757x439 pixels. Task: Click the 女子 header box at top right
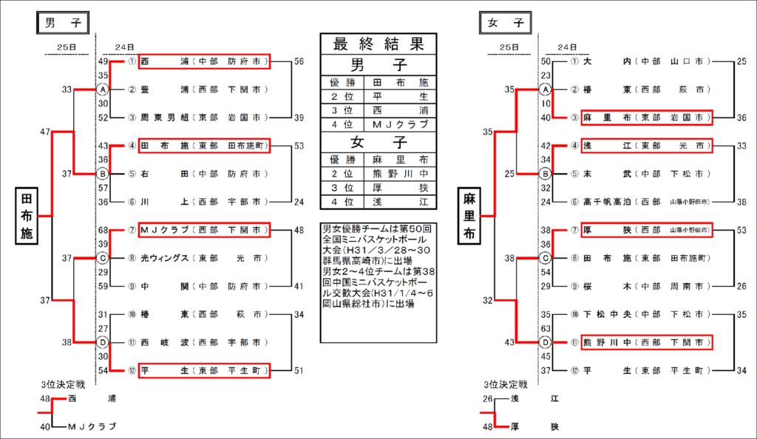coord(506,23)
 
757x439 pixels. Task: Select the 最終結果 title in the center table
coord(379,43)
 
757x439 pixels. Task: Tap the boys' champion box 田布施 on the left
coord(27,215)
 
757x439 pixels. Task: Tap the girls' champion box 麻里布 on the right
coord(469,215)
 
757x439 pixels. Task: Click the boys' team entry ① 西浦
coord(203,61)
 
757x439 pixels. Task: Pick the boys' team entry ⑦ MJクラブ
coord(203,230)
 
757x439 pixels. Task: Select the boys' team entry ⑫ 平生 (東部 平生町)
coord(203,370)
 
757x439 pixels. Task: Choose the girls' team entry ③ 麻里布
coord(645,118)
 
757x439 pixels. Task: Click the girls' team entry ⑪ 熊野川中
coord(645,342)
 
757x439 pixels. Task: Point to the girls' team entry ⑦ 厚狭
coord(645,230)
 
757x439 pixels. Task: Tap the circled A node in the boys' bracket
coord(103,89)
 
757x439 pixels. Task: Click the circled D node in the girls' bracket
coord(546,342)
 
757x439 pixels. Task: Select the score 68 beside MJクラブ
coord(103,230)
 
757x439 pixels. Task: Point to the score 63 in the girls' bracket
coord(546,328)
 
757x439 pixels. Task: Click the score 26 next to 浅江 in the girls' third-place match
coord(487,399)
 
